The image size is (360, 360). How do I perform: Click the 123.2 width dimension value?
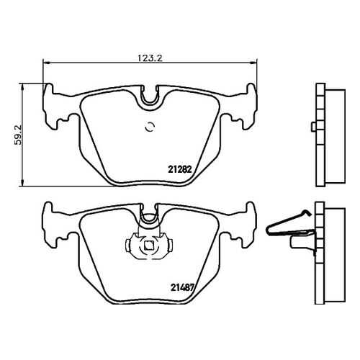pyautogui.click(x=150, y=58)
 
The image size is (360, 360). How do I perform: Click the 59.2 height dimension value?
pyautogui.click(x=18, y=135)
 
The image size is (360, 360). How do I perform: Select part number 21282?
pyautogui.click(x=180, y=170)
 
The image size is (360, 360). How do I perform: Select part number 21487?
pyautogui.click(x=182, y=287)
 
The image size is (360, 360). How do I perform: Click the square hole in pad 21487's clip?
pyautogui.click(x=149, y=245)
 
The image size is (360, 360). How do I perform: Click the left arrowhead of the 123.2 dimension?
pyautogui.click(x=46, y=63)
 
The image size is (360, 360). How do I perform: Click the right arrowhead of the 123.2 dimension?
pyautogui.click(x=253, y=63)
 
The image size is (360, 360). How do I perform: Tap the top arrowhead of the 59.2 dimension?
pyautogui.click(x=22, y=87)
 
